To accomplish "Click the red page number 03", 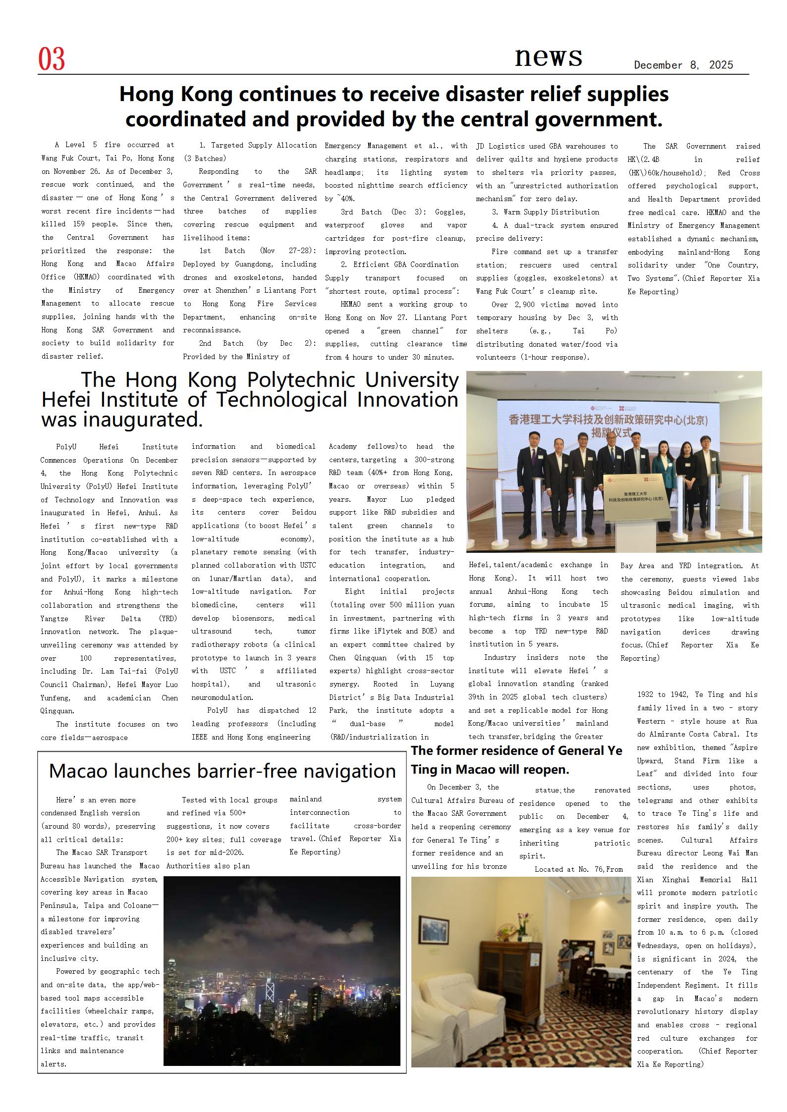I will tap(52, 59).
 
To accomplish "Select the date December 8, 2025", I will tap(683, 65).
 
